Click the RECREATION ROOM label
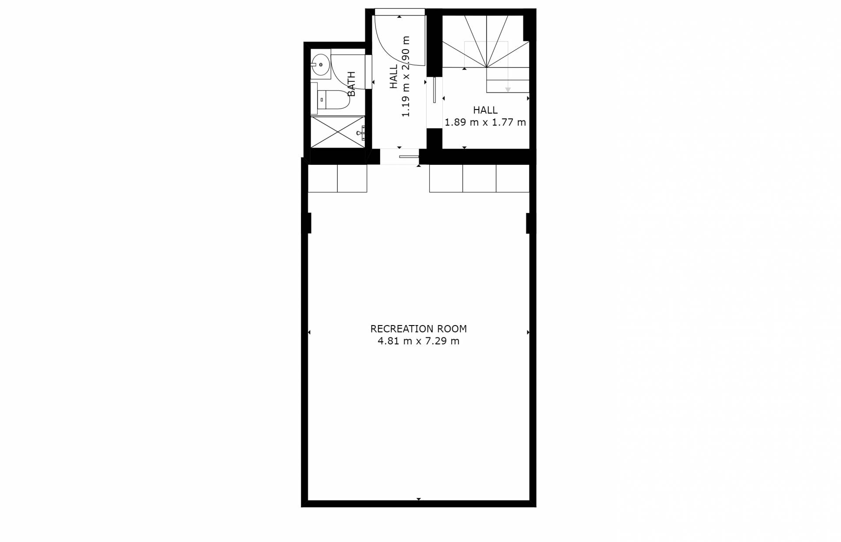tap(418, 329)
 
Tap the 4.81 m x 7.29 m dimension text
tap(418, 341)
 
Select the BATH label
tap(351, 84)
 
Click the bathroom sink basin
tap(321, 65)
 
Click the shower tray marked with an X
tap(338, 132)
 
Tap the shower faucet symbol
tap(361, 132)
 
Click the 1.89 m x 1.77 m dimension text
tap(485, 122)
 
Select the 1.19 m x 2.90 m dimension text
tap(406, 76)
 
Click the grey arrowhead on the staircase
tap(508, 90)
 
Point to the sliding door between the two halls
tap(434, 90)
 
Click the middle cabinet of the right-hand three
tap(479, 178)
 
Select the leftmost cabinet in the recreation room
tap(323, 178)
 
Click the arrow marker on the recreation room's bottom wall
tap(419, 499)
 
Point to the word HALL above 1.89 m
tap(485, 110)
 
